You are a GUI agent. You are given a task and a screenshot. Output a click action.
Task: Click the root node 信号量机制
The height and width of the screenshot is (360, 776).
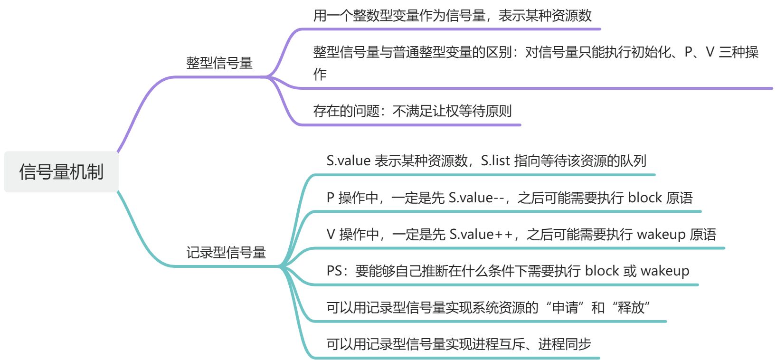pos(61,172)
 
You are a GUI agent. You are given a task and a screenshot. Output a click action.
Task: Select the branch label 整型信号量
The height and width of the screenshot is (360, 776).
pos(219,63)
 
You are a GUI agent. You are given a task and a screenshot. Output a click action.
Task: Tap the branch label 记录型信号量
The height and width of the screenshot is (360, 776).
pos(226,252)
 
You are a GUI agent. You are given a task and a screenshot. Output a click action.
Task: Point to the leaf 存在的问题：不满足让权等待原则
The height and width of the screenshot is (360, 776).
pos(412,111)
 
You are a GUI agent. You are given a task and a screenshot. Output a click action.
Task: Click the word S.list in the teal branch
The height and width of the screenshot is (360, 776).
pos(495,161)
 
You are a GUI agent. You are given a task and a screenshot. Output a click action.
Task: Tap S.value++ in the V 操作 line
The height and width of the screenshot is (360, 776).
pos(481,234)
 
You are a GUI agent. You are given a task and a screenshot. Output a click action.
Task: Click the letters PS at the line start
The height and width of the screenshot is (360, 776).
pos(334,271)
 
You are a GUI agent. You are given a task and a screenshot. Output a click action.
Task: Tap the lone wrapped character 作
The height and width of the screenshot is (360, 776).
pos(320,74)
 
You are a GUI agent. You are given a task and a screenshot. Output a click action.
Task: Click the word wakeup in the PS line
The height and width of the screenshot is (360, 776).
pos(665,271)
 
